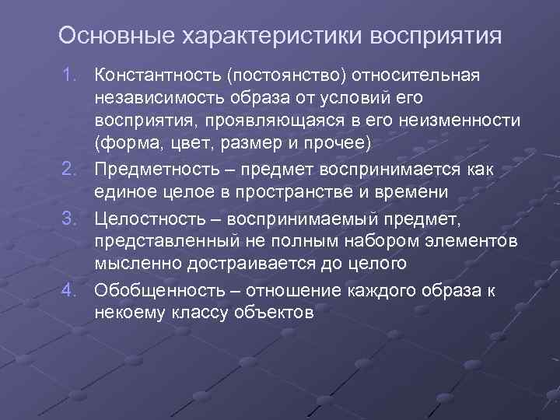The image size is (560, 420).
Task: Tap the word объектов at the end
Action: [265, 312]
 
